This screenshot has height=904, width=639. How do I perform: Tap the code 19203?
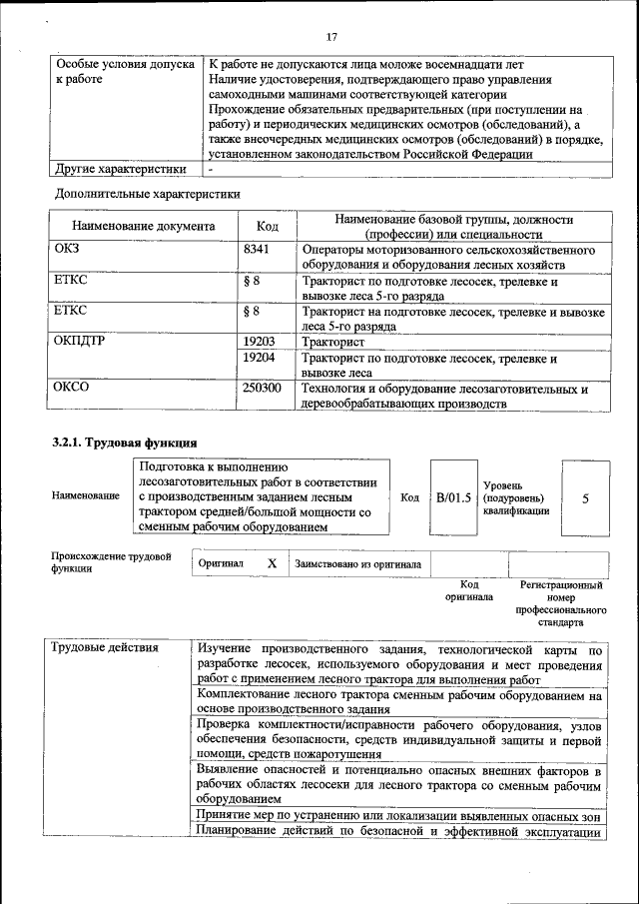point(259,342)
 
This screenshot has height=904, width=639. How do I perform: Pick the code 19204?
point(259,357)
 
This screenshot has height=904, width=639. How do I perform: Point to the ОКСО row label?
point(71,388)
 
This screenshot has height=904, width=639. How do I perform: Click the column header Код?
point(267,227)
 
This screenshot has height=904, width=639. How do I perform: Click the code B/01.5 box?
point(453,496)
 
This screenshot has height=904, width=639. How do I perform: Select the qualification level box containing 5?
point(585,496)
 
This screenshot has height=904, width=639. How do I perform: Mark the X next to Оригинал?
point(272,563)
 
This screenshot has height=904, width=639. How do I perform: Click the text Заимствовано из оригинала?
point(357,564)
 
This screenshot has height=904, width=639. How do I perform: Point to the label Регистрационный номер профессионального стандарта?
point(561,602)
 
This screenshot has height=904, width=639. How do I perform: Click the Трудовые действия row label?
point(105,648)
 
